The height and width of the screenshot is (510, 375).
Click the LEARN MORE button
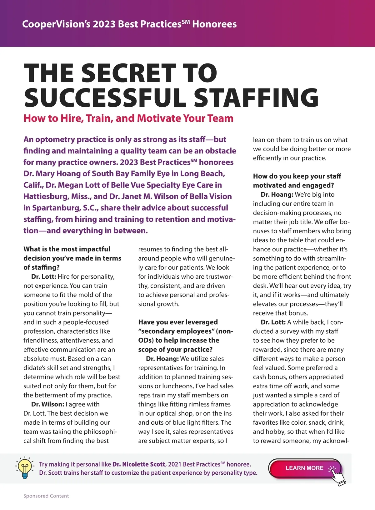(x=305, y=468)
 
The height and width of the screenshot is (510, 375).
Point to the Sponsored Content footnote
(x=46, y=496)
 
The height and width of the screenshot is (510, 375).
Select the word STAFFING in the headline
(x=256, y=98)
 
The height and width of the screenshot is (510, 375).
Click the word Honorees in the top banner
(x=214, y=24)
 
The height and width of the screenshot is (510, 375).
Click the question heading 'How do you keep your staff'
(x=297, y=176)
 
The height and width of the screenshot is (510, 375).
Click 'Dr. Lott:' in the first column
(x=43, y=277)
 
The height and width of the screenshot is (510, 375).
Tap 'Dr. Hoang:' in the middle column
(x=162, y=359)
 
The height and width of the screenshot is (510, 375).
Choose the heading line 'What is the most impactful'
(x=67, y=249)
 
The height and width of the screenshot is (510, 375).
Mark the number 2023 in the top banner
(x=105, y=24)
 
